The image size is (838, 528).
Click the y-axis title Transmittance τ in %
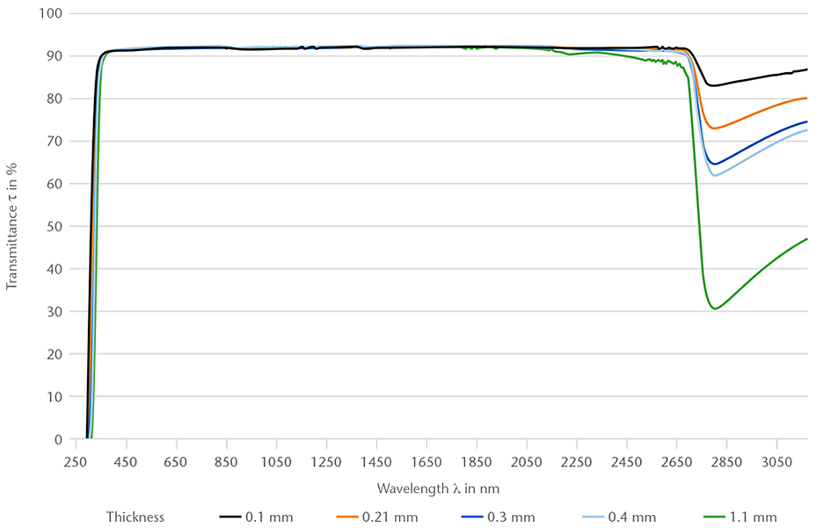pyautogui.click(x=12, y=226)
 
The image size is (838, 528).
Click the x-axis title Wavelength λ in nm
pyautogui.click(x=439, y=488)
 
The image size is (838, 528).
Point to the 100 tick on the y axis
pyautogui.click(x=50, y=14)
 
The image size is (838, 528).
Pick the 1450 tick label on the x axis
pyautogui.click(x=376, y=461)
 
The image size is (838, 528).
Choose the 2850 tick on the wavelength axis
pyautogui.click(x=726, y=461)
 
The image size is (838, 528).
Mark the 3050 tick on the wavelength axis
pyautogui.click(x=776, y=461)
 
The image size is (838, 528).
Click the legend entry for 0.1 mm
pyautogui.click(x=256, y=517)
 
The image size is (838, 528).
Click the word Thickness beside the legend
pyautogui.click(x=135, y=517)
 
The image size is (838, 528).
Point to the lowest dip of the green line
pyautogui.click(x=716, y=309)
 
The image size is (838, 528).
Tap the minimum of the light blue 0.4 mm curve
pyautogui.click(x=715, y=176)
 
